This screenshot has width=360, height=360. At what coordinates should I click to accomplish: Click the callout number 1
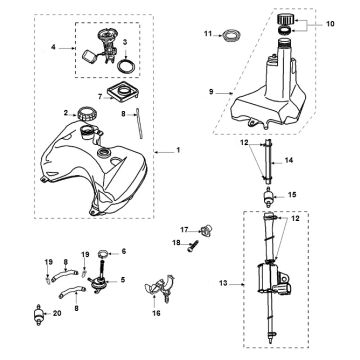[x=178, y=150]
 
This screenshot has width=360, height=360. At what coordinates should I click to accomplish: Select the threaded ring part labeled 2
[x=87, y=114]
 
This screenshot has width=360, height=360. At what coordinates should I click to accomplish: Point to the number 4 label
[x=53, y=47]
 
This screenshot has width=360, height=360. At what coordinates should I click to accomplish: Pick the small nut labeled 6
[x=104, y=254]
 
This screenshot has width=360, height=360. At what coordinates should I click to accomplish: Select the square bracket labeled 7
[x=122, y=92]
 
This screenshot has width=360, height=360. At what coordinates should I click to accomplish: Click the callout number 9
[x=211, y=92]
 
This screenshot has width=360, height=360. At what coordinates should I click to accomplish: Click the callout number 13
[x=223, y=283]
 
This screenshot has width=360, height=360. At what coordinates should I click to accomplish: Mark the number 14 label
[x=289, y=160]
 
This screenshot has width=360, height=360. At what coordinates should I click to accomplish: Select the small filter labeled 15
[x=268, y=196]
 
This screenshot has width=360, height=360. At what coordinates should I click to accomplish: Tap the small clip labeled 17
[x=206, y=230]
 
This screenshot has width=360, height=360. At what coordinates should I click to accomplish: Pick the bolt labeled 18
[x=193, y=247]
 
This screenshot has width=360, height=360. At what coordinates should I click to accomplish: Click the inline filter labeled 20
[x=39, y=314]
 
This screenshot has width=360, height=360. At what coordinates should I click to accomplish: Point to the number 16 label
[x=156, y=313]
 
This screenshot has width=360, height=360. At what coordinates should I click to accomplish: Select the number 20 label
[x=57, y=313]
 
